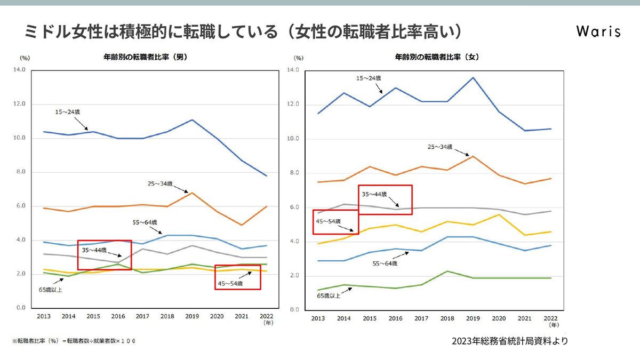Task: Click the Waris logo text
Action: click(x=598, y=31)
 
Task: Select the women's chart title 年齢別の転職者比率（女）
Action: click(x=437, y=56)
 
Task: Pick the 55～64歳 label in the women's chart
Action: click(x=385, y=263)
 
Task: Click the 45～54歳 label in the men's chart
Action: click(x=230, y=284)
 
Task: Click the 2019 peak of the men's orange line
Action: click(x=192, y=193)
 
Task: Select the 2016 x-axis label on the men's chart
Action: click(x=118, y=316)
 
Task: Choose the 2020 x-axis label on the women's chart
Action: click(x=499, y=318)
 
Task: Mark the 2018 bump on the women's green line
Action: click(x=447, y=271)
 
